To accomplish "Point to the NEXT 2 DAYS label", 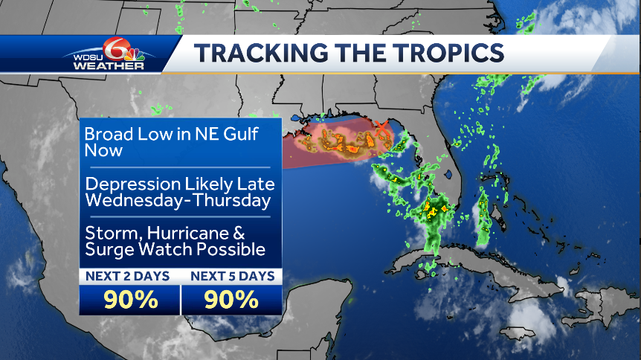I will tap(127, 276).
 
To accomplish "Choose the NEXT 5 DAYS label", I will tap(232, 276).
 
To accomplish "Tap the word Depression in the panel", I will tap(132, 184).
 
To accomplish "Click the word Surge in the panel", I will tap(107, 249).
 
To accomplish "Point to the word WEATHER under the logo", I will tap(109, 67).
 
